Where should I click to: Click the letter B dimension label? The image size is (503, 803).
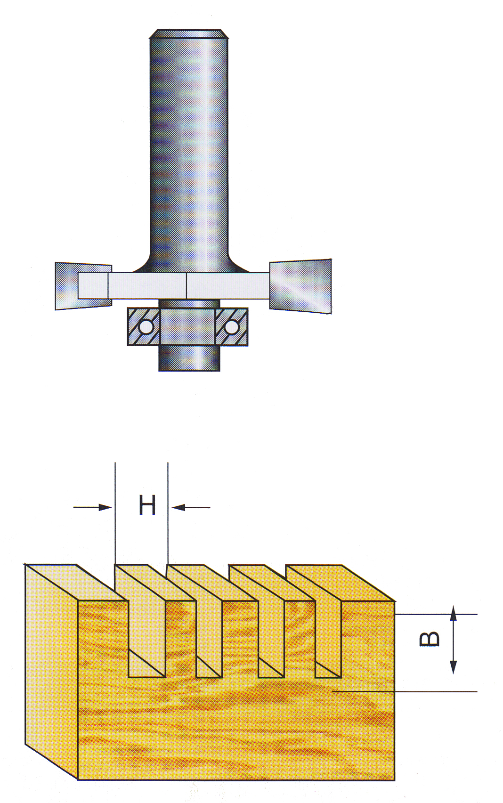tap(429, 639)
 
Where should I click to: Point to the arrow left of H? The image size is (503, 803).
tap(92, 507)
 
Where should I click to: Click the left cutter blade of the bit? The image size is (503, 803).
tap(83, 286)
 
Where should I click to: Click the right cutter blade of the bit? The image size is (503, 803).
tap(300, 286)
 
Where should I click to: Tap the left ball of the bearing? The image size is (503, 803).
tap(146, 326)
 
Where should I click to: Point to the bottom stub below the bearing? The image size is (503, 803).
tap(189, 358)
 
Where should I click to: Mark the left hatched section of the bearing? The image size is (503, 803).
tap(145, 326)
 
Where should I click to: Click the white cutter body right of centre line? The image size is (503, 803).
tap(227, 285)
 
